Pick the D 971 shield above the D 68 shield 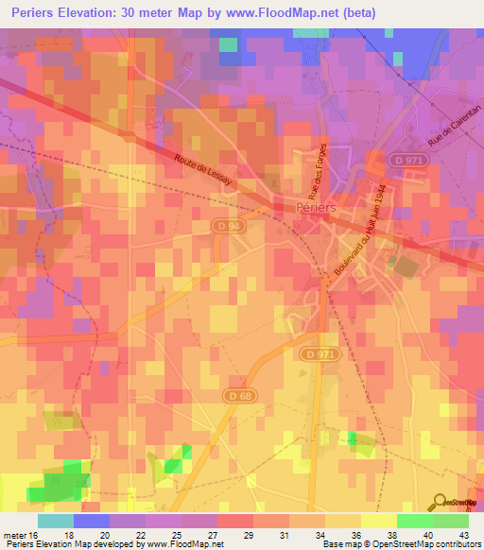point(321,353)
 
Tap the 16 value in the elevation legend point(35,535)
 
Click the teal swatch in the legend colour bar point(55,521)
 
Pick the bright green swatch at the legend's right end point(451,521)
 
